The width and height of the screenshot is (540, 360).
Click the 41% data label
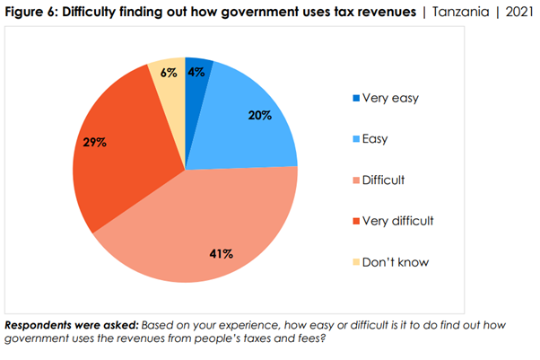(221, 254)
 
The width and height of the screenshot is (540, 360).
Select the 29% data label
(95, 143)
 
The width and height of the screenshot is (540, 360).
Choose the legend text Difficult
(384, 180)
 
